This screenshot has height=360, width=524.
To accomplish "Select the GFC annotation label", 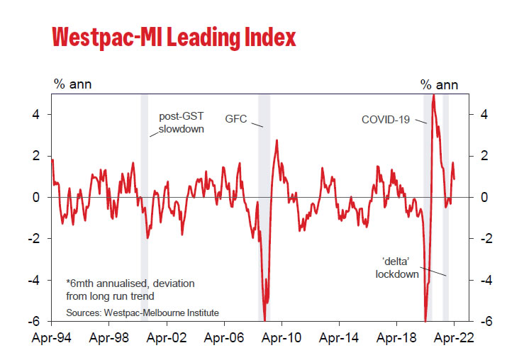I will pos(236,119).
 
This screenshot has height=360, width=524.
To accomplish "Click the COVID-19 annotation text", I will pos(386,119).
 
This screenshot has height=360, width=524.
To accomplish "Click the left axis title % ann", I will pos(73,85).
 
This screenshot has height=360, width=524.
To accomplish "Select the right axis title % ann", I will pos(439,85).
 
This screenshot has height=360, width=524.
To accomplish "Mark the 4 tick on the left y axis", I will pos(44,115).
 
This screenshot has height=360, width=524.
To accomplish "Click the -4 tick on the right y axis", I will pos(484,280).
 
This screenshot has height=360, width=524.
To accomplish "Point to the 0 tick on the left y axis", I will pos(44,197).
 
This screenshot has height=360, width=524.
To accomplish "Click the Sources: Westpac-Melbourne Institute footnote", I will pos(143,313).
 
